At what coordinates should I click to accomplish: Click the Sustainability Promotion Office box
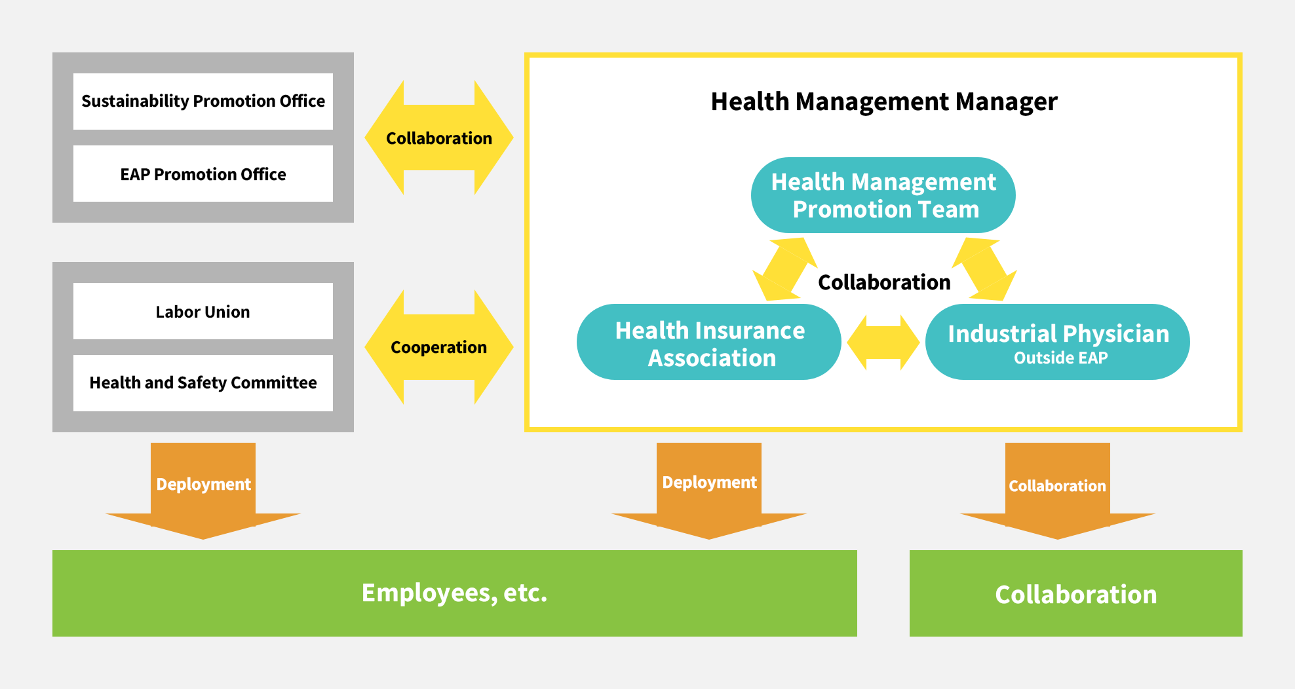[x=203, y=101]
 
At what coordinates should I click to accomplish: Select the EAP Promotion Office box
[x=203, y=174]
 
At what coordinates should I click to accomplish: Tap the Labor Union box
[x=203, y=311]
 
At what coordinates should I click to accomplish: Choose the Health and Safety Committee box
[x=203, y=382]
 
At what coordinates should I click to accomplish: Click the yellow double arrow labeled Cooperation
[x=439, y=347]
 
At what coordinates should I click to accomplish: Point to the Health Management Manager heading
[x=884, y=102]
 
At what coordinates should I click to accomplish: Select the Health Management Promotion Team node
[x=883, y=195]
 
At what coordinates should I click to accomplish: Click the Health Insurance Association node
[x=709, y=342]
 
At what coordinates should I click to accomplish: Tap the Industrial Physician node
[x=1058, y=342]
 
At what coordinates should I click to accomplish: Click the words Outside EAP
[x=1061, y=358]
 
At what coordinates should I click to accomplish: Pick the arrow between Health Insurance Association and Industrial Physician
[x=883, y=342]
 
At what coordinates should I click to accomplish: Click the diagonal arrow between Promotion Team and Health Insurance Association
[x=785, y=269]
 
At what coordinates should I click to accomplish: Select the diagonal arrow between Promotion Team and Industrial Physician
[x=984, y=269]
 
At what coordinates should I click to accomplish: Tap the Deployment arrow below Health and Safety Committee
[x=203, y=491]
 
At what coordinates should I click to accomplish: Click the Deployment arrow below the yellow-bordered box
[x=709, y=491]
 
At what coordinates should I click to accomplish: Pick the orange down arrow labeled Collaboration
[x=1058, y=491]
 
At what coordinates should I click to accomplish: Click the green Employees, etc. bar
[x=455, y=593]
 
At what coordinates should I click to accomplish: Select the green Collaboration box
[x=1076, y=593]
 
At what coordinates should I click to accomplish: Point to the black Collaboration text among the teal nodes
[x=884, y=282]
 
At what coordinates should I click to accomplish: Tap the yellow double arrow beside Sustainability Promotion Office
[x=439, y=138]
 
